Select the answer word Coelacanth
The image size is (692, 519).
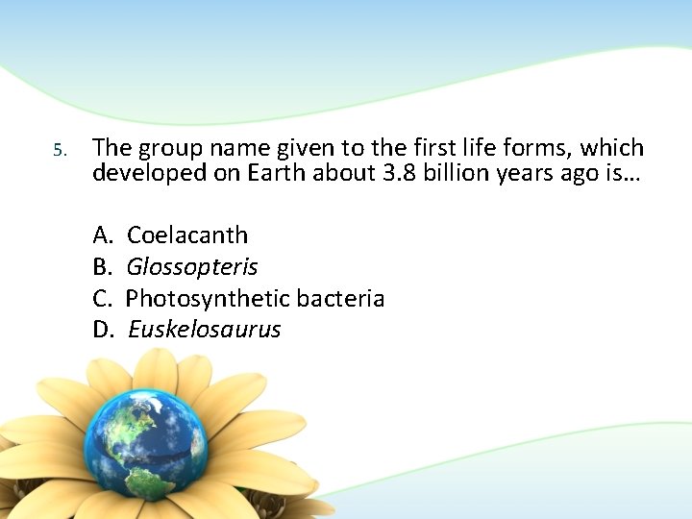[x=186, y=235]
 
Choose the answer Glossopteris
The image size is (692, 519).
[x=192, y=267]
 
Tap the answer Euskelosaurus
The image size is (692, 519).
[x=204, y=330]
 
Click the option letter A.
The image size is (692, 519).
[x=103, y=235]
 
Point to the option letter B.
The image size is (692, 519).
[x=102, y=266]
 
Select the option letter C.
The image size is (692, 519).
[x=102, y=298]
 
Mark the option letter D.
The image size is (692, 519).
[x=103, y=330]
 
